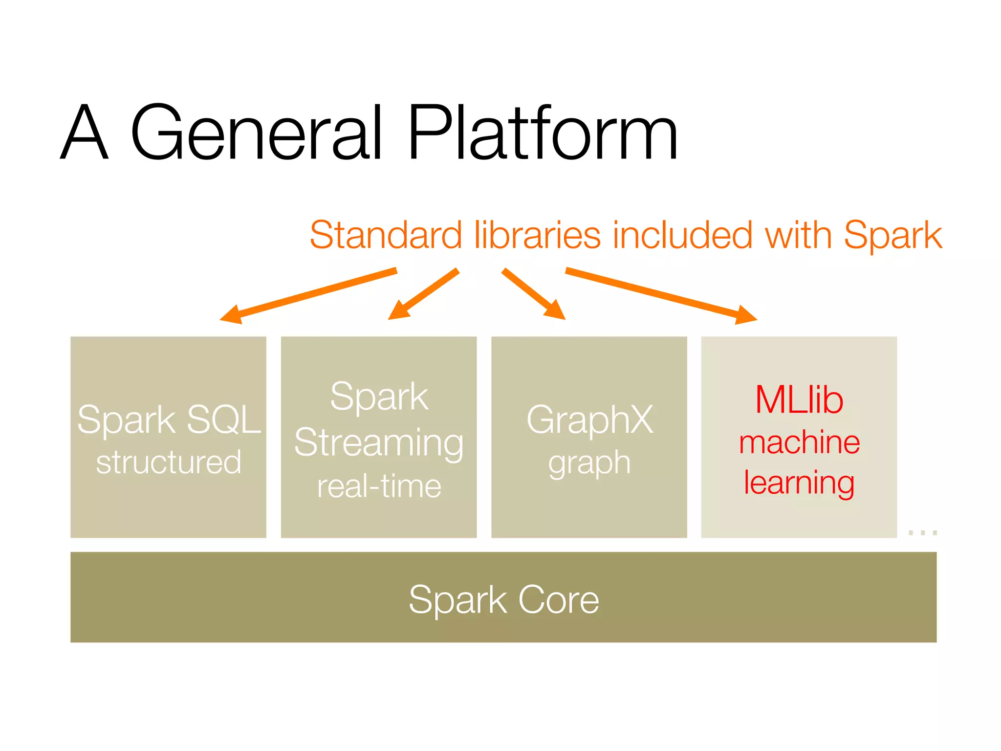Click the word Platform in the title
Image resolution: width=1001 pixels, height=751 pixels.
pyautogui.click(x=543, y=133)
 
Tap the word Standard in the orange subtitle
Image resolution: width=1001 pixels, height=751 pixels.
pyautogui.click(x=386, y=235)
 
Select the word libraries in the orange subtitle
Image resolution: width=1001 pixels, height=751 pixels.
pyautogui.click(x=537, y=235)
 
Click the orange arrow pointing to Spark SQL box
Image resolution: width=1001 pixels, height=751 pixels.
pyautogui.click(x=308, y=295)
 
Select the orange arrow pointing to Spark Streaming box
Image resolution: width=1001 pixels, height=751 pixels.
pyautogui.click(x=424, y=293)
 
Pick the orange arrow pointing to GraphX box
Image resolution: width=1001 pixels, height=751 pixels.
pyautogui.click(x=533, y=293)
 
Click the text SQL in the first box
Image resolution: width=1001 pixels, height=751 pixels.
pyautogui.click(x=224, y=420)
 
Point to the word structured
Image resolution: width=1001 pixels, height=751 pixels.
pyautogui.click(x=169, y=463)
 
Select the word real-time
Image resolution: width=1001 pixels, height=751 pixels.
pyautogui.click(x=379, y=486)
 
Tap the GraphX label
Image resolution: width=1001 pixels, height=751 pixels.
pyautogui.click(x=589, y=420)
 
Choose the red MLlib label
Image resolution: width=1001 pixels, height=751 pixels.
pyautogui.click(x=799, y=400)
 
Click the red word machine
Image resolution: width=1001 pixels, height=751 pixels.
pyautogui.click(x=799, y=442)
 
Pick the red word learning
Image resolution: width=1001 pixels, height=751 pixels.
pyautogui.click(x=799, y=483)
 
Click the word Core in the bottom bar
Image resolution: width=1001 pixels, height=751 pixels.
pyautogui.click(x=558, y=599)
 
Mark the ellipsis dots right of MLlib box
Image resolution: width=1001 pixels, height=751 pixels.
pyautogui.click(x=922, y=532)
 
